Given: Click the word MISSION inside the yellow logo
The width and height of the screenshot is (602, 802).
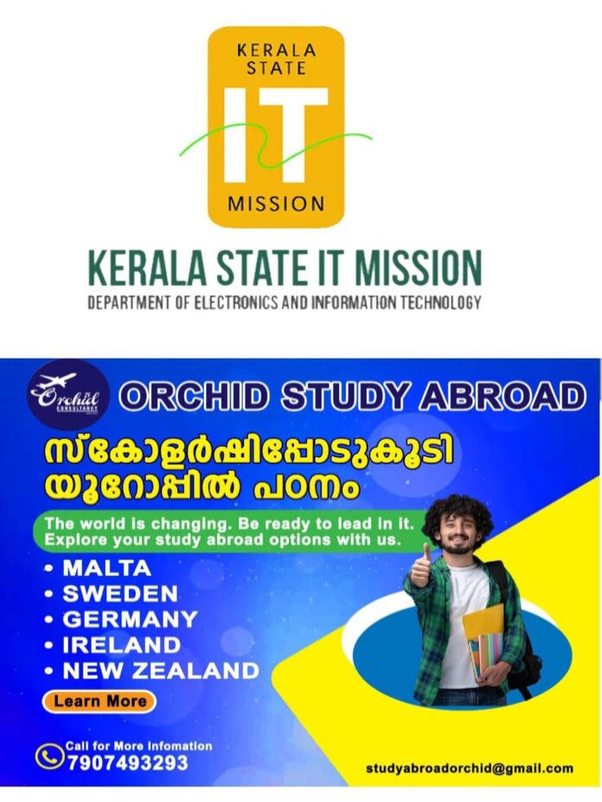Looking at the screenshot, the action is (x=276, y=204).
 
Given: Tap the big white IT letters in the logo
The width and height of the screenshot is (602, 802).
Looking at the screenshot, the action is (x=276, y=135).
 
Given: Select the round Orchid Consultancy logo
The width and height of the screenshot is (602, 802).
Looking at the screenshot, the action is (x=68, y=395).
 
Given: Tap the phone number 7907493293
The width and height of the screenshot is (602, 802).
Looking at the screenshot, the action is (x=128, y=763).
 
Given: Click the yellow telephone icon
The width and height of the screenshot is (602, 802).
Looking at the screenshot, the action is (x=49, y=756).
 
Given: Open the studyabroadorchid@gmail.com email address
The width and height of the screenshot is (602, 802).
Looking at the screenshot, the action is (x=470, y=768).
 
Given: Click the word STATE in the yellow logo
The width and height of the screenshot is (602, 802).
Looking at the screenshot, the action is (x=277, y=68).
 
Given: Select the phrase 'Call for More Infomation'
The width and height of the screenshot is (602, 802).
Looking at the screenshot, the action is (x=138, y=746).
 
